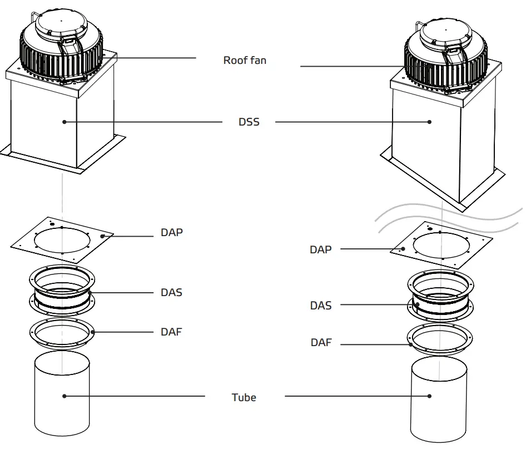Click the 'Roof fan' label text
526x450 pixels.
245,60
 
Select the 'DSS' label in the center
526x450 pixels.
249,122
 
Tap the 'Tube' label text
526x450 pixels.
244,397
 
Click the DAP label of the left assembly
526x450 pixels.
171,232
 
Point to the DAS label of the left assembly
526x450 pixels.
171,292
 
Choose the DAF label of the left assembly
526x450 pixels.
171,332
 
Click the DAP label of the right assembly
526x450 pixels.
320,249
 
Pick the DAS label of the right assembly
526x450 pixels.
321,305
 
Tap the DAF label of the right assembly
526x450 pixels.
321,343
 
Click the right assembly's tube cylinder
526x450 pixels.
439,400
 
